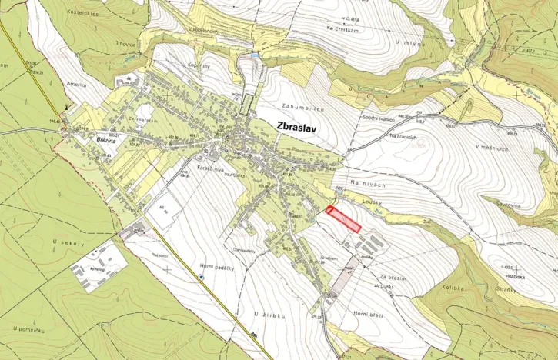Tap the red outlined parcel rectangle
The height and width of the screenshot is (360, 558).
343,218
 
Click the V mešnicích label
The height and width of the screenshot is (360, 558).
493,146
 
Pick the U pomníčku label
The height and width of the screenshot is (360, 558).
32,328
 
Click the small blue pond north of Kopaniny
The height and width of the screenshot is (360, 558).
255,55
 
